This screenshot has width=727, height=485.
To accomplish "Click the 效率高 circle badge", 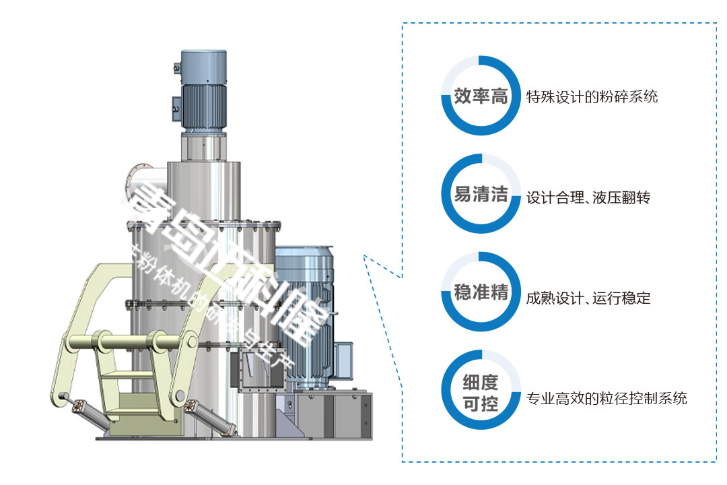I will (x=481, y=96).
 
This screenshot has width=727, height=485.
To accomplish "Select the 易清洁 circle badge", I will (x=481, y=195).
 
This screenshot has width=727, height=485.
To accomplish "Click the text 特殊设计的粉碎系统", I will (x=592, y=96).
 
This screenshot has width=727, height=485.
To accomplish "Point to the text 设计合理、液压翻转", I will (x=588, y=198).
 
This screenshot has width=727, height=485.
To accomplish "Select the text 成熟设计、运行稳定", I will (x=588, y=298).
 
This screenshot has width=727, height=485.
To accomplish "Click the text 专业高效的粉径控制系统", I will (x=607, y=398).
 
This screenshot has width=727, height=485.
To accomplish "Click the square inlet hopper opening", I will (x=248, y=370).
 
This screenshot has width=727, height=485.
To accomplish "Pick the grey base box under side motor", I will (x=330, y=411).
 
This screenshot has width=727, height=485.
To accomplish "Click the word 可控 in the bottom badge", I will (x=481, y=405).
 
